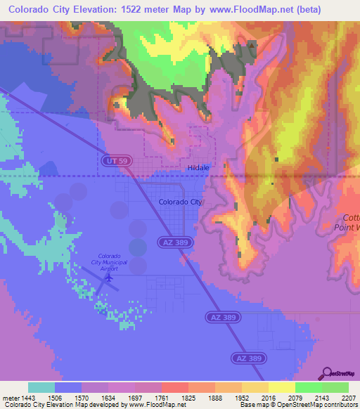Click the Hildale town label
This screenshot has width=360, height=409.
pos(198,168)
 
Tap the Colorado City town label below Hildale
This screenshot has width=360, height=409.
pos(180,202)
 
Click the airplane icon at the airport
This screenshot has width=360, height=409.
pos(108,278)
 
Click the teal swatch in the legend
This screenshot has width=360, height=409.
pos(41,387)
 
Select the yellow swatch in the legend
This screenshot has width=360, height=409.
pos(282,387)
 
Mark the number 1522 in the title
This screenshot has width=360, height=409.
pos(134,10)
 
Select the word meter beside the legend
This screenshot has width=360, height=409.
pos(11,397)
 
